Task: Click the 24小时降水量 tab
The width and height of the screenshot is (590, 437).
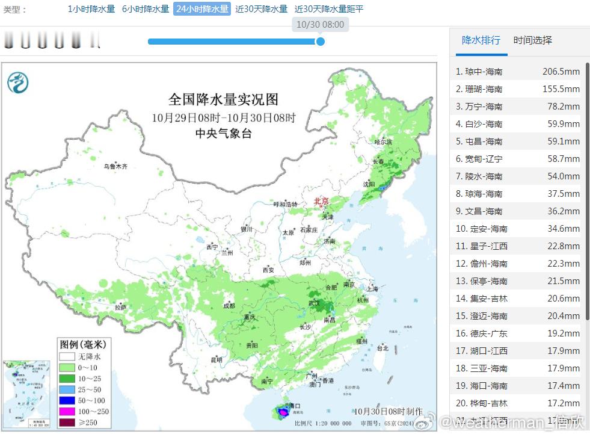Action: point(202,9)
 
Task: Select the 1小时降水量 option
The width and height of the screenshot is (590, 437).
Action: point(91,9)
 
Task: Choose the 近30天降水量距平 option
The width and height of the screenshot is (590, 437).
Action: point(329,9)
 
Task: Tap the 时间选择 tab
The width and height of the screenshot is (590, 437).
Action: point(532,40)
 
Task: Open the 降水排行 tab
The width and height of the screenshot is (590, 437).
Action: point(481,40)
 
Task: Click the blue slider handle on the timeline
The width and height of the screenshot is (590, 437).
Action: point(321,42)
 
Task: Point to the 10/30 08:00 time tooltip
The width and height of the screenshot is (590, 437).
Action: point(321,25)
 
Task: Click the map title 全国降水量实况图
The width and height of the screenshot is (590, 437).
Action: point(223,99)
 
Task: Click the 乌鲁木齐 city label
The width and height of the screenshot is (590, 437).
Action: point(115,166)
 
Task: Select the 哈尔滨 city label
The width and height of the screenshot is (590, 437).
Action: point(383,142)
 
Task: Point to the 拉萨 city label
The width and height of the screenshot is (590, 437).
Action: point(120,308)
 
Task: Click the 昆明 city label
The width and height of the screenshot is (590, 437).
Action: point(216,360)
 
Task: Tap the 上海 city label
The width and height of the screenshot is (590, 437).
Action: point(372,289)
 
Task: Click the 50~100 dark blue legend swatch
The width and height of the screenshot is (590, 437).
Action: point(66,400)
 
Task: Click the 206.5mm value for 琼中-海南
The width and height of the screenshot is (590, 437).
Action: point(561,72)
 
